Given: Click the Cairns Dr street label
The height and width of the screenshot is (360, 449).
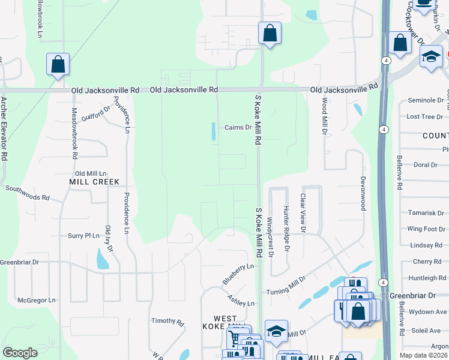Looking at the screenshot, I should tap(238, 127).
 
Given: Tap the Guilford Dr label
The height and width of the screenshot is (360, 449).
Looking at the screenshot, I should tap(96, 113).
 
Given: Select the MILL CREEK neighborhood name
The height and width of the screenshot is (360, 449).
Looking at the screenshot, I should tap(94, 181).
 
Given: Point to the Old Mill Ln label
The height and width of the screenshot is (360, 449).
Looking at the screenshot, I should tap(91, 173).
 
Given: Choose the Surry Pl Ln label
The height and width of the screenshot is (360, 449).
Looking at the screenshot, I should tap(83, 236).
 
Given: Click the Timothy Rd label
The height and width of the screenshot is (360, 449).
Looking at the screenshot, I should tap(167, 322).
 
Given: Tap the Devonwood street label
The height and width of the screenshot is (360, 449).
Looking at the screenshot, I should tap(362, 193).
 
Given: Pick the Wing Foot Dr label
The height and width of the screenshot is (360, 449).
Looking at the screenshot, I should tap(426, 229).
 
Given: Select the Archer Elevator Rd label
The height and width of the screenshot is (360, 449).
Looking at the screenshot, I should tap(4, 128).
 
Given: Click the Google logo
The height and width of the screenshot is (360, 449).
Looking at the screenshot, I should tap(20, 353).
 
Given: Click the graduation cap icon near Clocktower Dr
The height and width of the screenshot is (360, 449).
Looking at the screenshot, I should tap(431, 56).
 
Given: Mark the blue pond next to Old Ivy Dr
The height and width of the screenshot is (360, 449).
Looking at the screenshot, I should tap(103, 259).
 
